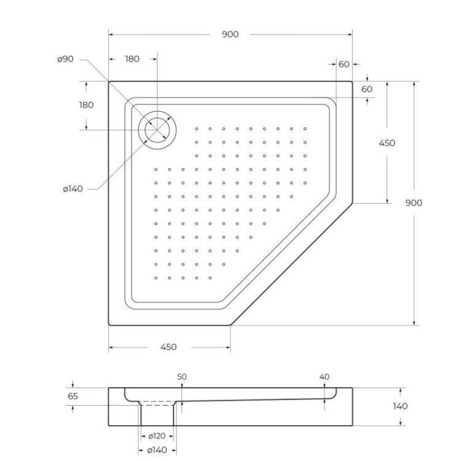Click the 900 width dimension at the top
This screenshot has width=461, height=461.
point(230,34)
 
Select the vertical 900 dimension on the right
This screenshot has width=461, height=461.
point(414,203)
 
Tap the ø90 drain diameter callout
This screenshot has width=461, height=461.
point(65,59)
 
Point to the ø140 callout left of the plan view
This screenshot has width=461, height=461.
point(73,189)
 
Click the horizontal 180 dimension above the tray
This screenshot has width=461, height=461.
point(132,59)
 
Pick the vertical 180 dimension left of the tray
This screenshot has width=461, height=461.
point(86,105)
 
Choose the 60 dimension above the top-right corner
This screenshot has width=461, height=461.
point(344,64)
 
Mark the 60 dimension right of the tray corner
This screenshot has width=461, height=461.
point(366,89)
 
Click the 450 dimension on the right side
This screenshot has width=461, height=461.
point(387,143)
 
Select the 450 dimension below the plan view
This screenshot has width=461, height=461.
point(168,347)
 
